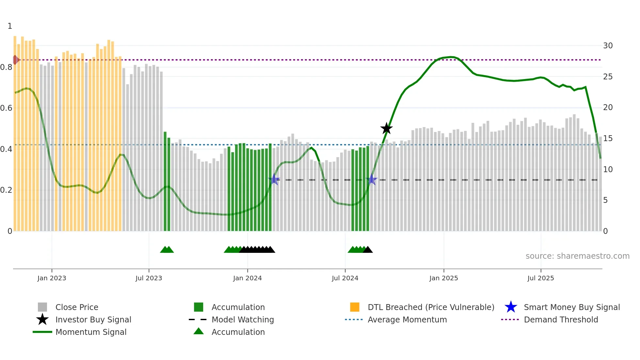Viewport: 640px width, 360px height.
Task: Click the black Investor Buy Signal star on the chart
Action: tap(386, 128)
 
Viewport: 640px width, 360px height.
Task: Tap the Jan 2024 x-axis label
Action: tap(247, 278)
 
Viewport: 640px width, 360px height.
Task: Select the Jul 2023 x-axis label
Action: tap(149, 278)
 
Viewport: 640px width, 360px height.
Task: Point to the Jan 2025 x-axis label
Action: tap(443, 278)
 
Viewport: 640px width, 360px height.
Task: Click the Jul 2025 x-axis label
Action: tap(540, 278)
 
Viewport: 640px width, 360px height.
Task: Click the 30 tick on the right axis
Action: tap(608, 46)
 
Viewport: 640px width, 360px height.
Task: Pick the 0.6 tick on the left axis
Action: tap(6, 108)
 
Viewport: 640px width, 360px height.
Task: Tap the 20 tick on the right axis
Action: tap(608, 107)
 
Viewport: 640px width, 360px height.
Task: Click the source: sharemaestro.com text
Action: tap(577, 256)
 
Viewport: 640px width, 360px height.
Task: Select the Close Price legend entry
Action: tap(77, 307)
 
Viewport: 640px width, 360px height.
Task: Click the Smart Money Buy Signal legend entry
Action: tap(571, 307)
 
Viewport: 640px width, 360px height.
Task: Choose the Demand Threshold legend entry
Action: tap(561, 319)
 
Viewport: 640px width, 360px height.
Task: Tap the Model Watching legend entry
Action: tap(243, 319)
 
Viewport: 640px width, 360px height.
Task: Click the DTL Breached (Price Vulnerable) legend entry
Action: tap(431, 307)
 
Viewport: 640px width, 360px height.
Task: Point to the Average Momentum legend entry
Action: tap(407, 319)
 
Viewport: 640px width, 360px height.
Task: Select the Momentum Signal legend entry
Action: tap(91, 332)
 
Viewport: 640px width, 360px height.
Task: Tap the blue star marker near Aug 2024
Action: tap(372, 179)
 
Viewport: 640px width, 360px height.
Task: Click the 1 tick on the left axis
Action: tap(10, 26)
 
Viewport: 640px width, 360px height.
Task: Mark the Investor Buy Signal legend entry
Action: tap(93, 319)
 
